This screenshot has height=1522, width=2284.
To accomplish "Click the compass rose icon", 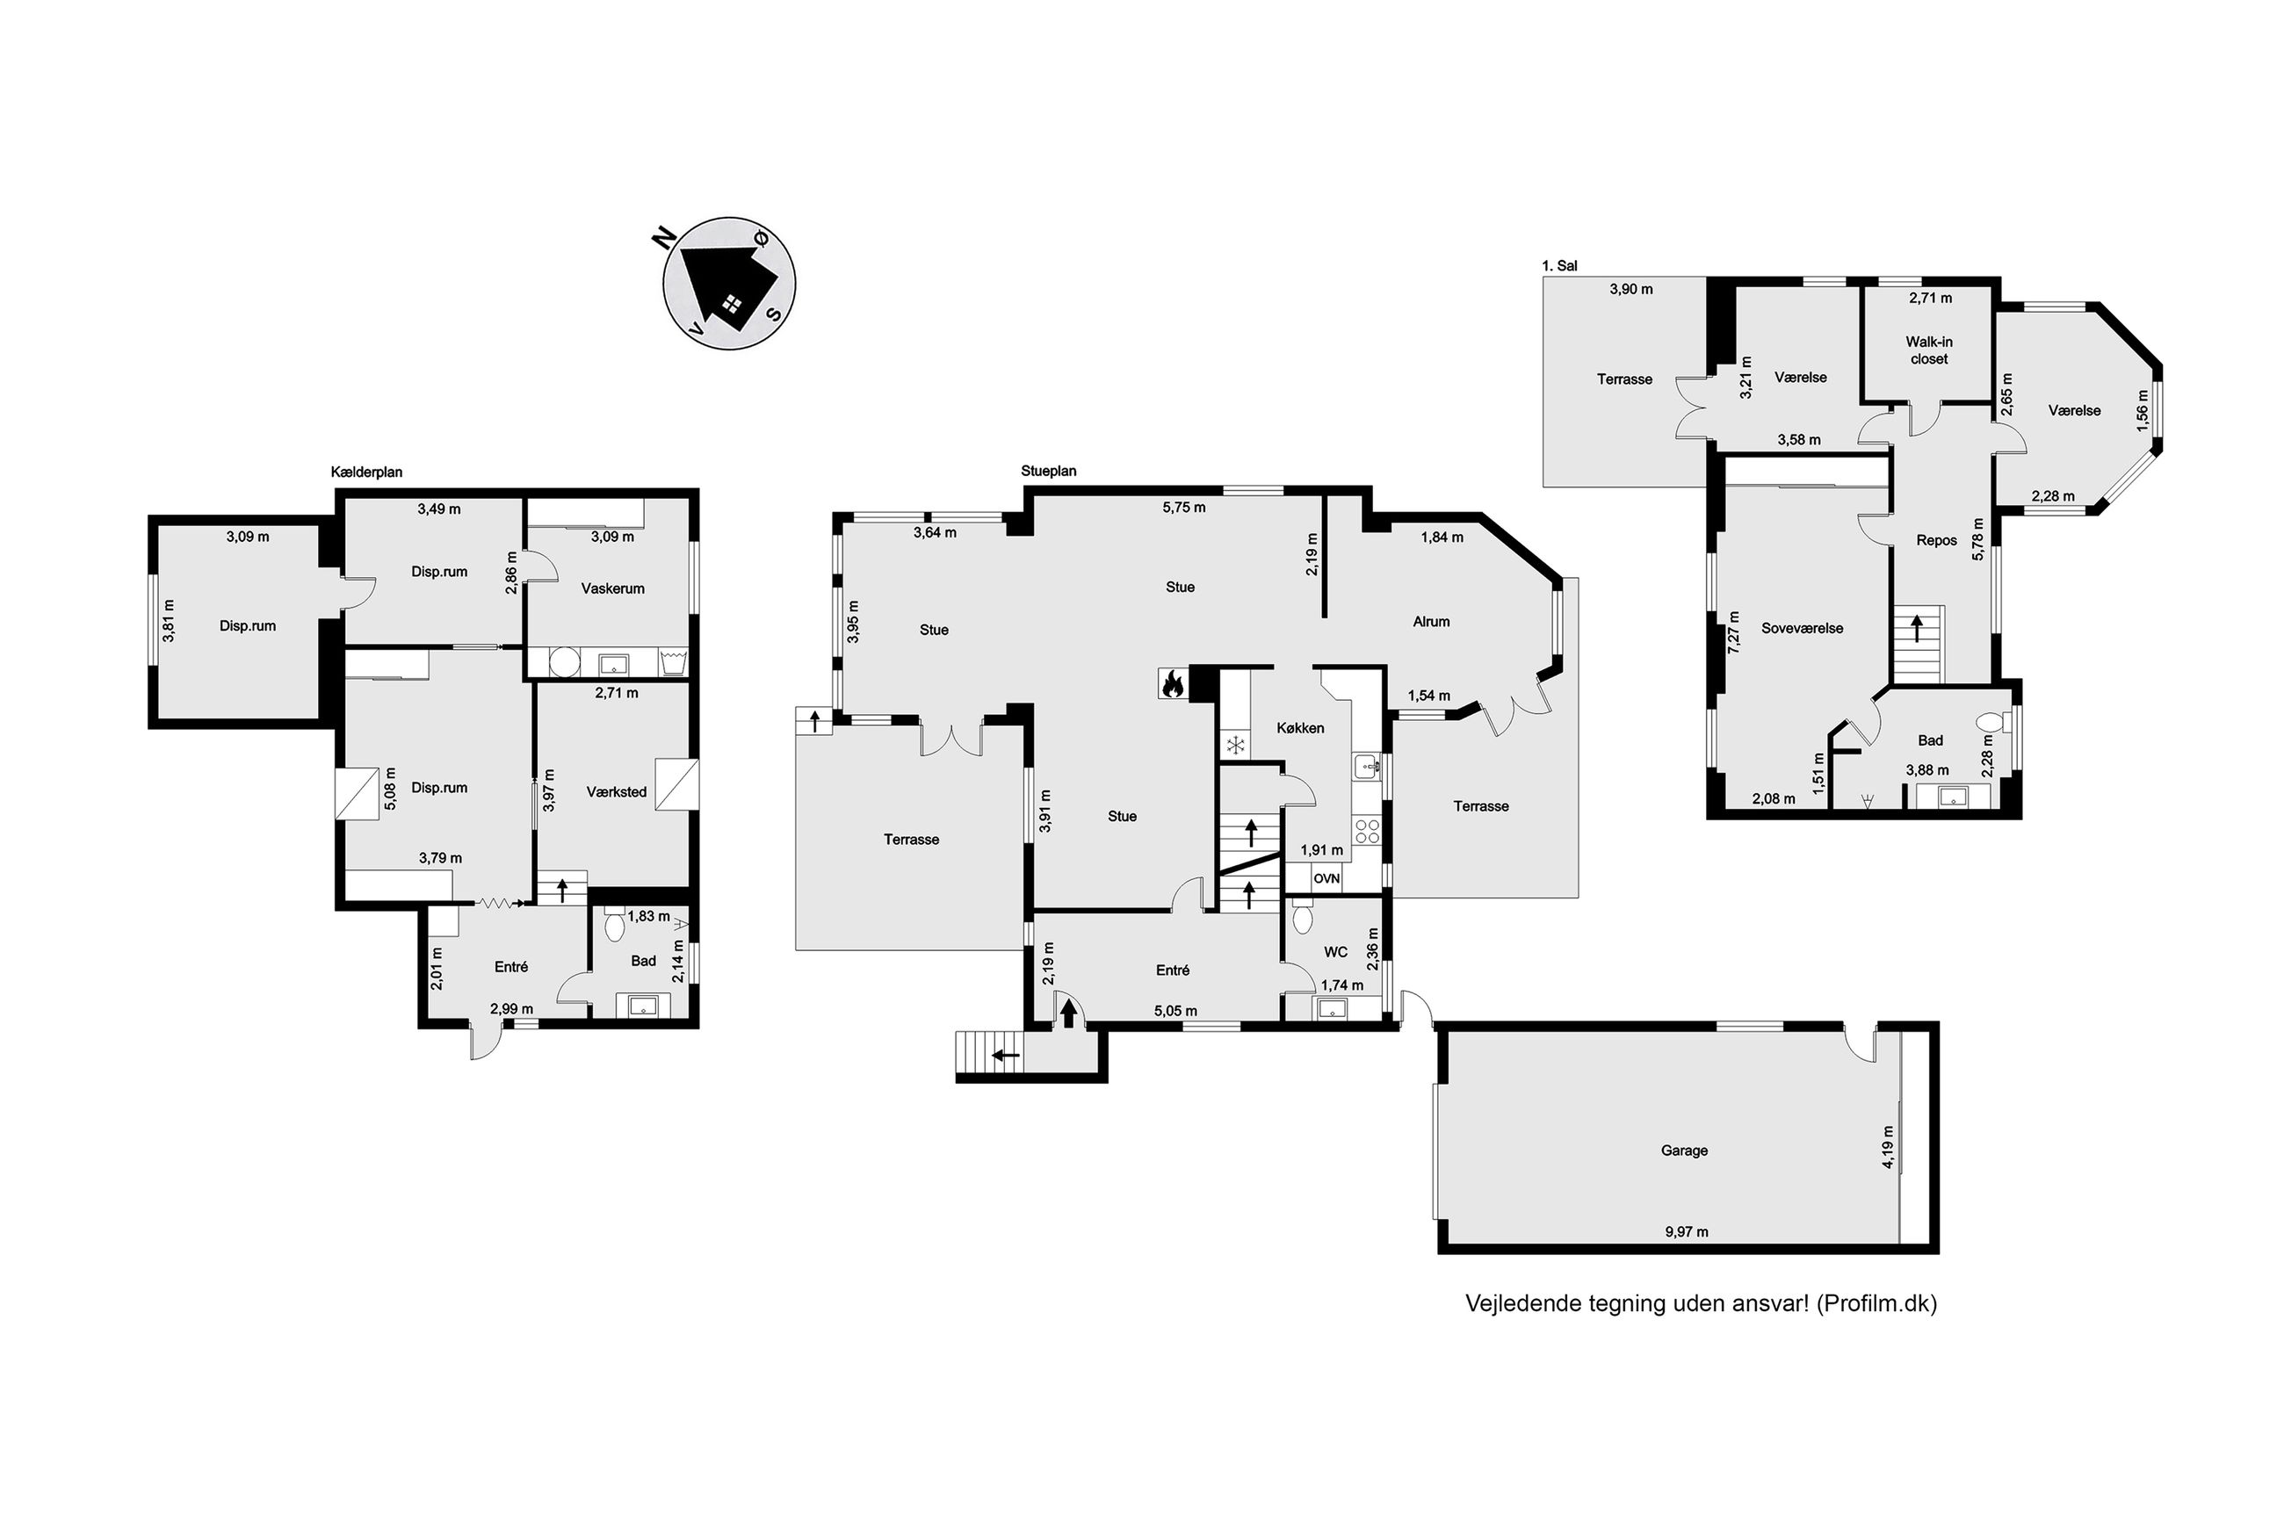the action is click(729, 284).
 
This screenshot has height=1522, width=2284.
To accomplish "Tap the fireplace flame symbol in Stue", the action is click(1172, 683).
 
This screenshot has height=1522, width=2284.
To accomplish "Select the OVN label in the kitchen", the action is click(1326, 878).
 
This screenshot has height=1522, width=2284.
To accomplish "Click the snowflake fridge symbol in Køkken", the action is click(1236, 746).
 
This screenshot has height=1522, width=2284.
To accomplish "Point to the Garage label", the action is click(1684, 1151).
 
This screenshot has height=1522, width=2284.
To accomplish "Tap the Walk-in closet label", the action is click(1929, 350).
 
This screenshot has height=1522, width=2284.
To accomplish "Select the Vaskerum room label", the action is click(612, 588).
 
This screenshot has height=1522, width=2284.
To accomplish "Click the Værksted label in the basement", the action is click(617, 792).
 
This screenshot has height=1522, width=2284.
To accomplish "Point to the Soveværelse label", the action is click(1803, 628).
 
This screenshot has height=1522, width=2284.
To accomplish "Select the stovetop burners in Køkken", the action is click(1368, 831).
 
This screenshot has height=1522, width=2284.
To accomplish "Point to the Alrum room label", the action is click(1431, 622).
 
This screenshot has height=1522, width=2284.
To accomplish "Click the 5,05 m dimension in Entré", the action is click(1175, 1012).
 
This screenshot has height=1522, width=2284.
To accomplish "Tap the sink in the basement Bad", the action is click(642, 1006).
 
